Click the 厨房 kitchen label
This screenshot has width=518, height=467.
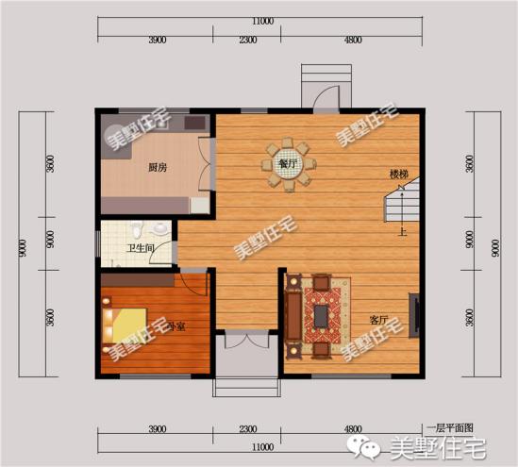click(158, 168)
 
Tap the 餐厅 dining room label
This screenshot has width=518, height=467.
click(288, 163)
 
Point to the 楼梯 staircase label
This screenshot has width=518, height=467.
click(398, 175)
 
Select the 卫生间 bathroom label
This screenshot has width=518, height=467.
click(141, 250)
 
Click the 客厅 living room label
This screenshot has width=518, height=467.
click(378, 319)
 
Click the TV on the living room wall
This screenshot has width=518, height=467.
click(412, 313)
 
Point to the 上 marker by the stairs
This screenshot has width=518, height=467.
click(402, 231)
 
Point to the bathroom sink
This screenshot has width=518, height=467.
click(161, 228)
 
